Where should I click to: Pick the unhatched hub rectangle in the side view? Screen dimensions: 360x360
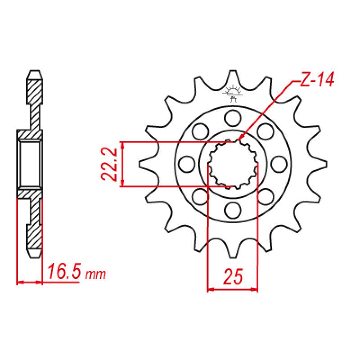point(30,163)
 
